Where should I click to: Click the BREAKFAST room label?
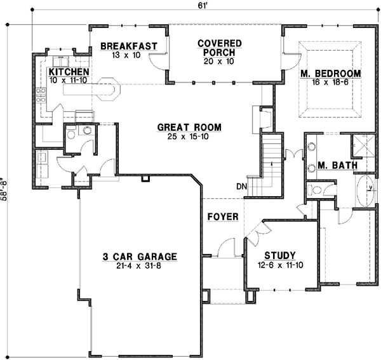128,46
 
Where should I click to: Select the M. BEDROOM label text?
330,74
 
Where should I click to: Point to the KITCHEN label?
69,72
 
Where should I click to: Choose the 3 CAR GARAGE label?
140,257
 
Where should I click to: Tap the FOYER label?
223,217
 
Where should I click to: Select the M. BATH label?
337,166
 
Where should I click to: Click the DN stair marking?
241,187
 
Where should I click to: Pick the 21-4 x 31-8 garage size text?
140,267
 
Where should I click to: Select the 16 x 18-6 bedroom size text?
330,83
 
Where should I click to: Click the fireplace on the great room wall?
262,118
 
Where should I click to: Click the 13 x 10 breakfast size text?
128,55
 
